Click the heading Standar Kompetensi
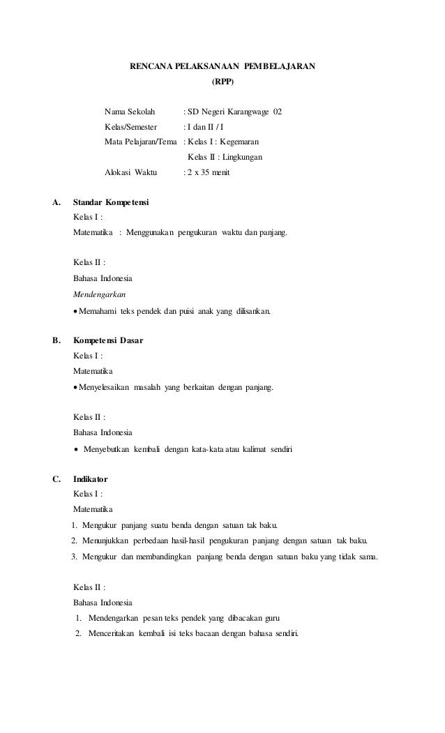click(x=111, y=203)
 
